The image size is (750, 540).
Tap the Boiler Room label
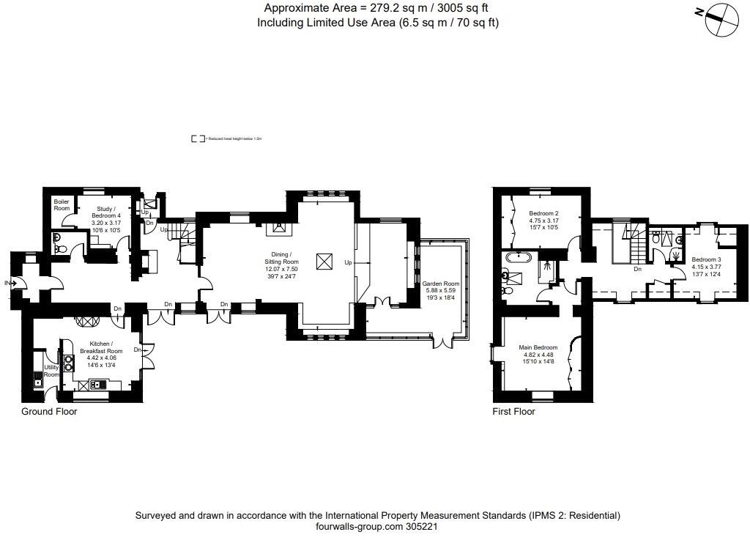pyautogui.click(x=62, y=206)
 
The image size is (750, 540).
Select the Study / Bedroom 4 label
pyautogui.click(x=104, y=214)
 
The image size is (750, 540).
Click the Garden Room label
pyautogui.click(x=441, y=283)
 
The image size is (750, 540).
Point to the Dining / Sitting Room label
pyautogui.click(x=281, y=258)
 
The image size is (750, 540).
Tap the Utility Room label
pyautogui.click(x=51, y=371)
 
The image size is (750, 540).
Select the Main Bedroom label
pyautogui.click(x=538, y=347)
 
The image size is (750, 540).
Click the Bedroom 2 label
pyautogui.click(x=543, y=214)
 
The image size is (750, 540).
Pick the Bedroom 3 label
pyautogui.click(x=707, y=259)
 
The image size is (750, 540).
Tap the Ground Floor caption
pyautogui.click(x=49, y=412)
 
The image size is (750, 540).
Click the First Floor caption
pyautogui.click(x=513, y=412)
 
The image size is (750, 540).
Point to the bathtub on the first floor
pyautogui.click(x=520, y=257)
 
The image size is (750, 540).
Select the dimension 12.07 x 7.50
pyautogui.click(x=281, y=270)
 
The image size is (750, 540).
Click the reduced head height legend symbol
pyautogui.click(x=197, y=138)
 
